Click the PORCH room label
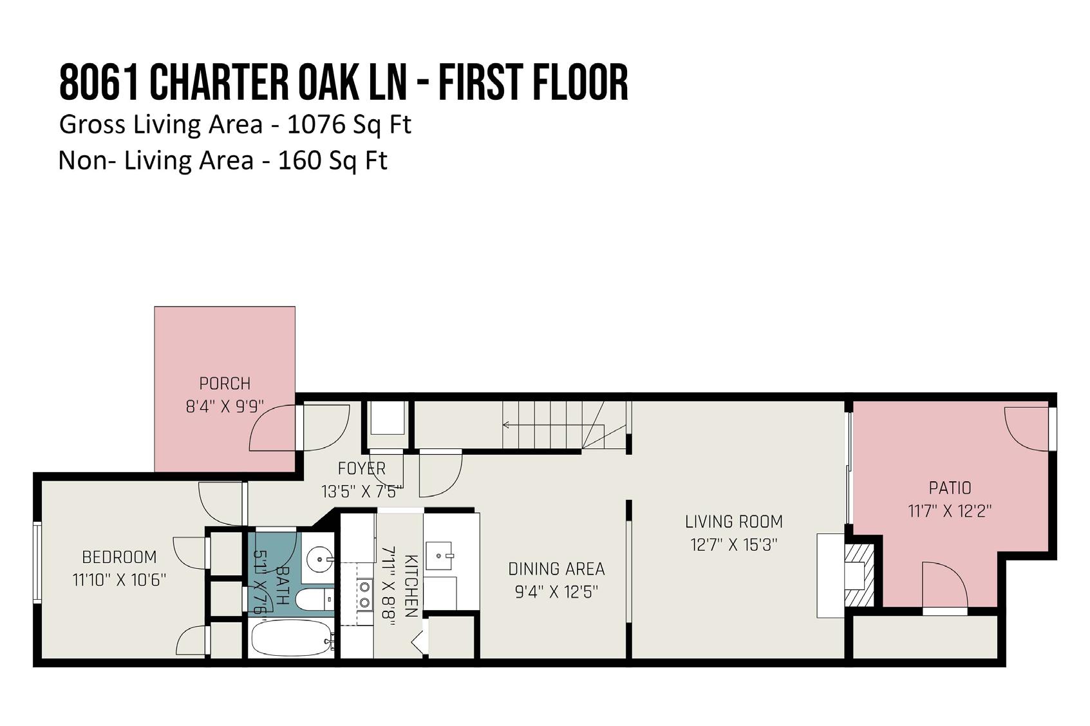point(225,384)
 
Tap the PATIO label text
point(950,488)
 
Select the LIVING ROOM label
point(734,522)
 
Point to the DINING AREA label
point(556,569)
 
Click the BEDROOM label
point(119,557)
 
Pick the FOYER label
point(362,468)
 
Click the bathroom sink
point(320,557)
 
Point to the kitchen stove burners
point(364,595)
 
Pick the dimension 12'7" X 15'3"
point(734,544)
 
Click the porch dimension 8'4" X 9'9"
point(225,406)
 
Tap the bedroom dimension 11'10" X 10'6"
point(119,580)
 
